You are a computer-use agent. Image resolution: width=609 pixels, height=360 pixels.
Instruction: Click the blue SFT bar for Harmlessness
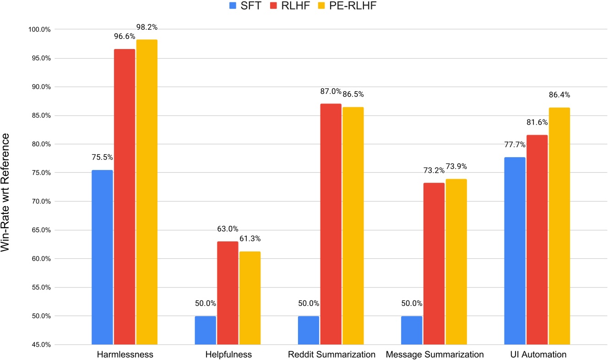[x=102, y=257]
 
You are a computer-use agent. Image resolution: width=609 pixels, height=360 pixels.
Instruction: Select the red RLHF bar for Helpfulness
[x=228, y=293]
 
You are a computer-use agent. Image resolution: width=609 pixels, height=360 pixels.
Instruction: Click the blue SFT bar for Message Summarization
[x=412, y=330]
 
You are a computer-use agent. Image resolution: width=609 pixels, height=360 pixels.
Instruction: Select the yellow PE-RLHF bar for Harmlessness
[x=147, y=192]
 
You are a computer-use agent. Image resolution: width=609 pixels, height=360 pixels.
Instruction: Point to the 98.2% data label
[x=147, y=27]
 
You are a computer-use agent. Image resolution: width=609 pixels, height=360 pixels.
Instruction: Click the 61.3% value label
[x=250, y=239]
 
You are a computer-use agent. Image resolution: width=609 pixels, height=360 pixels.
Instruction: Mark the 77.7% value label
[x=514, y=145]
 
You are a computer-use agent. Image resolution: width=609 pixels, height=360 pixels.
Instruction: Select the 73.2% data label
[x=433, y=170]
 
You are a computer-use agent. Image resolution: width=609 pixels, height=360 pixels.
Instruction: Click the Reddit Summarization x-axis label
[x=332, y=355]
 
